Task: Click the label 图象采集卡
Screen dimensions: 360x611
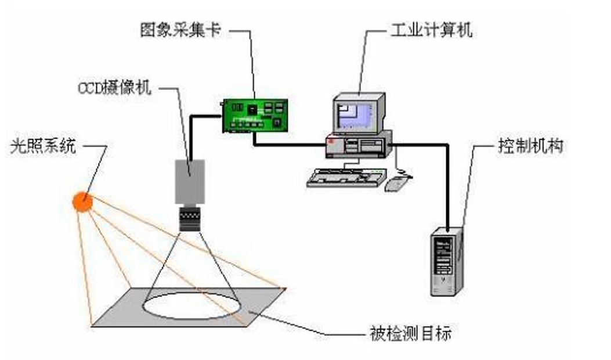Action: point(180,30)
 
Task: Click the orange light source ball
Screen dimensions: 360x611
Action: point(82,201)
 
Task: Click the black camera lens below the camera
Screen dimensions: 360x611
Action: point(190,219)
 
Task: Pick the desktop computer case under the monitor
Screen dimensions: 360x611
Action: point(357,145)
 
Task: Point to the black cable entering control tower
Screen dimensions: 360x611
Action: point(448,192)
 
